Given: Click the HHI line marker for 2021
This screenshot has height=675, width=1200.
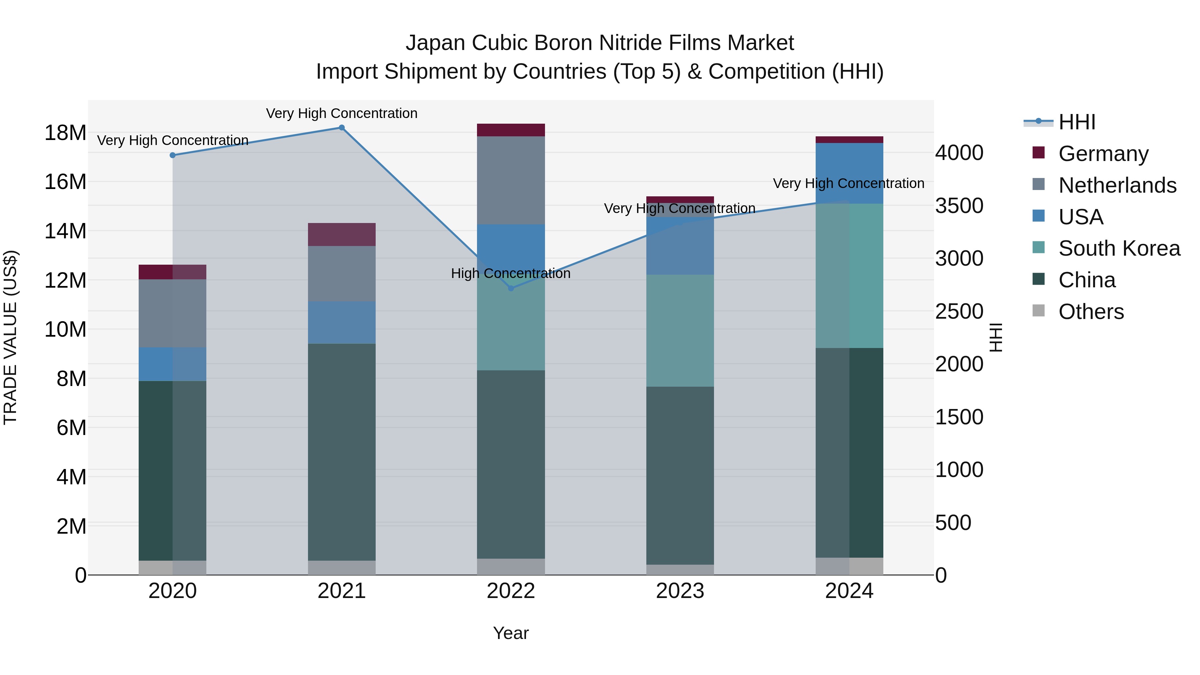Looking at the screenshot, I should [x=341, y=128].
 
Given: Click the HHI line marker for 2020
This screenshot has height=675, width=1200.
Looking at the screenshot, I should [x=172, y=155].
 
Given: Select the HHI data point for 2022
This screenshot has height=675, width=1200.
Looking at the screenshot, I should [x=511, y=288].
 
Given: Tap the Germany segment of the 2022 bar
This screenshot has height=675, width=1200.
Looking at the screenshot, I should [x=511, y=130].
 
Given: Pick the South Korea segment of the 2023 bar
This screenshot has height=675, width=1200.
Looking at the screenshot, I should [x=680, y=330].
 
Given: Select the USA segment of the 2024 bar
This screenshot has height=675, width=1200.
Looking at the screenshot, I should [x=849, y=173].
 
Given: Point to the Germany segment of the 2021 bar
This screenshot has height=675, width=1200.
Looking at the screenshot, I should [x=341, y=234].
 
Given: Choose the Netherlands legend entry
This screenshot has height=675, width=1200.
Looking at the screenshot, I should [x=1117, y=185].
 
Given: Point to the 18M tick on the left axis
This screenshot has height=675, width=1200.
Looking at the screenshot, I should [x=65, y=133].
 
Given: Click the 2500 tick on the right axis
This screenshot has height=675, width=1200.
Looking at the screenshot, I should [x=959, y=311].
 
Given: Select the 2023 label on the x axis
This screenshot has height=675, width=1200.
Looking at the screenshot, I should [x=680, y=591].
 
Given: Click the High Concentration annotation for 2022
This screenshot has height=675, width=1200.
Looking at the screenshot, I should [x=511, y=273].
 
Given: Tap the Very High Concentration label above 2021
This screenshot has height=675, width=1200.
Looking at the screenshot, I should [x=341, y=113].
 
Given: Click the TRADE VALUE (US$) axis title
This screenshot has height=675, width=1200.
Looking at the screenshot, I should [x=11, y=337].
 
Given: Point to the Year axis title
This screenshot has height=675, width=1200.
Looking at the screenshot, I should [x=511, y=633].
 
